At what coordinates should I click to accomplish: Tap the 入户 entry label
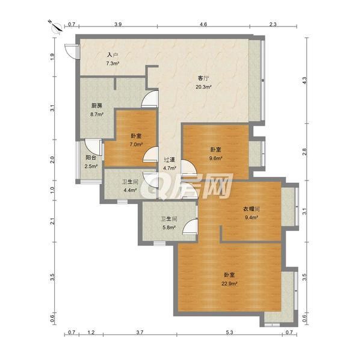113,55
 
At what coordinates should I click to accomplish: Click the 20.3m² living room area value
203,87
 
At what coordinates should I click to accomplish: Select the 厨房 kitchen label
97,106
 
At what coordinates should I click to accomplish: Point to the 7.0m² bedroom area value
136,144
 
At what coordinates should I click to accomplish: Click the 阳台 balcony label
91,158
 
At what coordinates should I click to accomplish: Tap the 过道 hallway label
170,159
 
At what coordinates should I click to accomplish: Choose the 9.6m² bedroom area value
216,158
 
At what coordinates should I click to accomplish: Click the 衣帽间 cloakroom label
251,209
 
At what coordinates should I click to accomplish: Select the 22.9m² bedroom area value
230,283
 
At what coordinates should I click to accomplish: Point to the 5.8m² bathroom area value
169,227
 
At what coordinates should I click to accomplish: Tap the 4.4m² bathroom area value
131,190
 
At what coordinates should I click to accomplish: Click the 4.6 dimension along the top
203,24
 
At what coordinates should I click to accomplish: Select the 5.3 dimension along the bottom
229,332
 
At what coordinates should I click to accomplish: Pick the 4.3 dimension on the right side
304,81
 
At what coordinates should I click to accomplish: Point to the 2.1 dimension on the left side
53,221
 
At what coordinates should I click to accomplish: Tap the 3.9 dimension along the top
118,24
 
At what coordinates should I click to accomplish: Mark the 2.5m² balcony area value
91,166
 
